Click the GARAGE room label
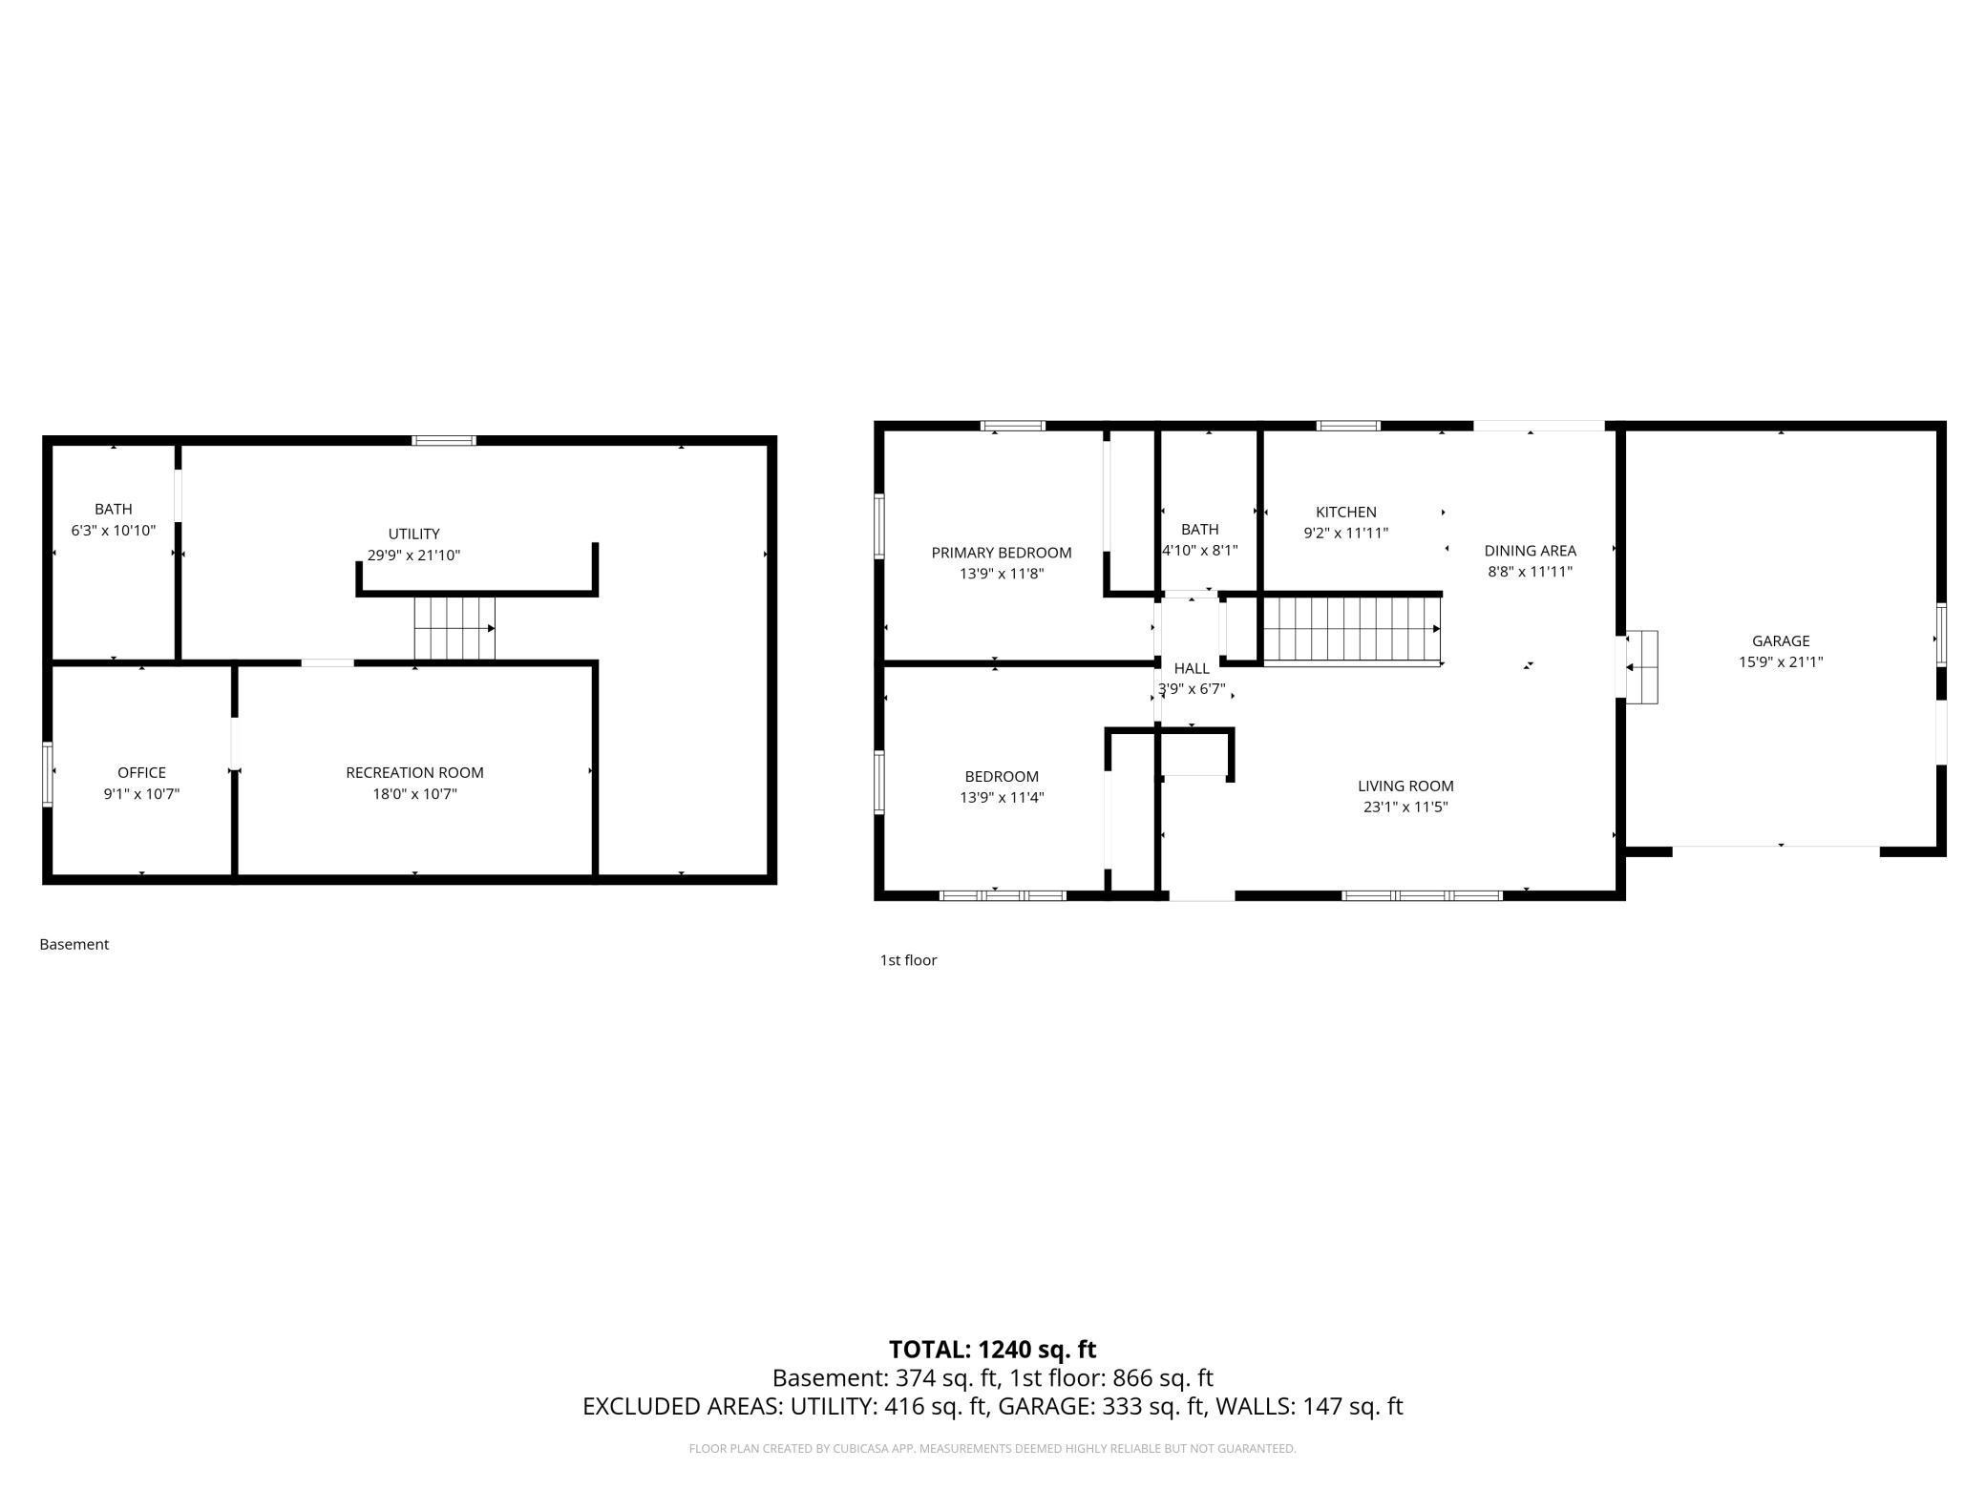pos(1780,641)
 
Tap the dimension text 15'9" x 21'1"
pos(1780,662)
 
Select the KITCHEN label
pos(1345,513)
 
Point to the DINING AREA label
pos(1530,551)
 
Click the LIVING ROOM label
pos(1405,786)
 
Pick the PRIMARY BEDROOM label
pos(1001,553)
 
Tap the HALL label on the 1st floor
pos(1192,669)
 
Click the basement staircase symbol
pos(454,628)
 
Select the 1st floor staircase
pos(1351,629)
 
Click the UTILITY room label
pos(413,535)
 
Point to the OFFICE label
pos(141,773)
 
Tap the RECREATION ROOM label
pos(414,773)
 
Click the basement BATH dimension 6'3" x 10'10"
pos(113,531)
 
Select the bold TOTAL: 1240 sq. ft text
pos(992,1350)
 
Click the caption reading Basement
pos(74,945)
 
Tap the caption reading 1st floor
pos(908,960)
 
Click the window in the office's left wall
pos(48,774)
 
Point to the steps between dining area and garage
pos(1641,667)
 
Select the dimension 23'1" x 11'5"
pos(1405,807)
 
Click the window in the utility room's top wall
pos(444,441)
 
